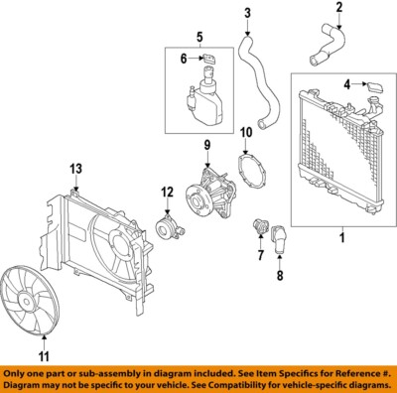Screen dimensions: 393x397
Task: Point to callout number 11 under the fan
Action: pos(43,353)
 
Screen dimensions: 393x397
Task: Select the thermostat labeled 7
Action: pos(258,232)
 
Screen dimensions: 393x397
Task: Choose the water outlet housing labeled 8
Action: pos(279,236)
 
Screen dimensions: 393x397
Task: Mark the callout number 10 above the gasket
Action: pos(246,131)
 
